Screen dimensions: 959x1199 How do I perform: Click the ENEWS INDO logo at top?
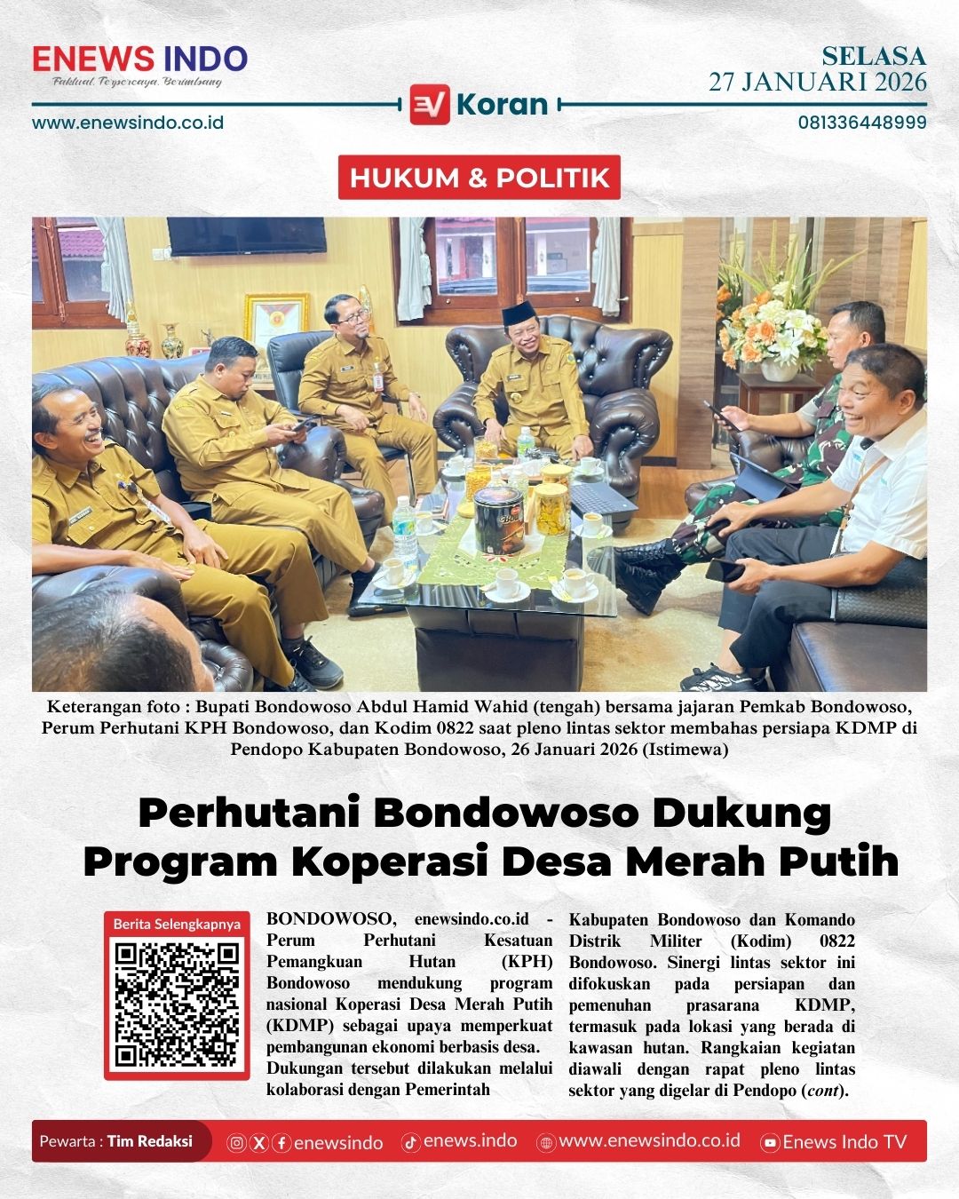[x=139, y=60]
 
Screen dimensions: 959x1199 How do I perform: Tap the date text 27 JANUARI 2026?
[x=817, y=83]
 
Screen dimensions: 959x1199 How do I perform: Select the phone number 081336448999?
[x=861, y=123]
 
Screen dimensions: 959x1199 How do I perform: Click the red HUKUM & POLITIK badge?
[x=479, y=178]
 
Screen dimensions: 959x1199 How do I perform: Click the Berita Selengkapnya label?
[x=177, y=924]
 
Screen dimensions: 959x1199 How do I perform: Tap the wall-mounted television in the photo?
[x=234, y=234]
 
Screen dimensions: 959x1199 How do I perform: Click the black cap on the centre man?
[x=516, y=316]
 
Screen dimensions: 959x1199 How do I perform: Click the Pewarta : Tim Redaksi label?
[x=116, y=1141]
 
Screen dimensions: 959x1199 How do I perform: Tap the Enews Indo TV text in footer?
[x=844, y=1142]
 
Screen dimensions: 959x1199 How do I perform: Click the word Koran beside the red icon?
[x=502, y=105]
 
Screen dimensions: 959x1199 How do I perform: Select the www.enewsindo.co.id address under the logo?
[x=128, y=123]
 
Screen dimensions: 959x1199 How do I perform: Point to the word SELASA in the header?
[x=873, y=56]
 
